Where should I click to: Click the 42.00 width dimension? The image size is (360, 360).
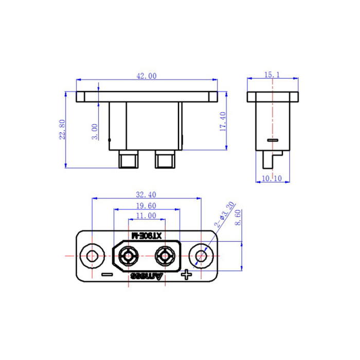click(x=147, y=76)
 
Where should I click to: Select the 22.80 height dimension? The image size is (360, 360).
click(x=62, y=130)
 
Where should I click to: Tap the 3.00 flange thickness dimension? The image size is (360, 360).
click(x=95, y=132)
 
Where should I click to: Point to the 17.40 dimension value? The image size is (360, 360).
click(x=223, y=121)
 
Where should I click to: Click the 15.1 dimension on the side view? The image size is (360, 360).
click(x=272, y=75)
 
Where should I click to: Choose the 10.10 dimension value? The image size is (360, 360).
click(x=272, y=178)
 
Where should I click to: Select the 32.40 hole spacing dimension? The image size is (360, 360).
click(x=146, y=195)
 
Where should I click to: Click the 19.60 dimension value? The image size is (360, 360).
click(x=146, y=206)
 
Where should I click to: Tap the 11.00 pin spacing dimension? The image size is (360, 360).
click(x=146, y=215)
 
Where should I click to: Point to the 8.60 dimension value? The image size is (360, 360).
click(x=238, y=217)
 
